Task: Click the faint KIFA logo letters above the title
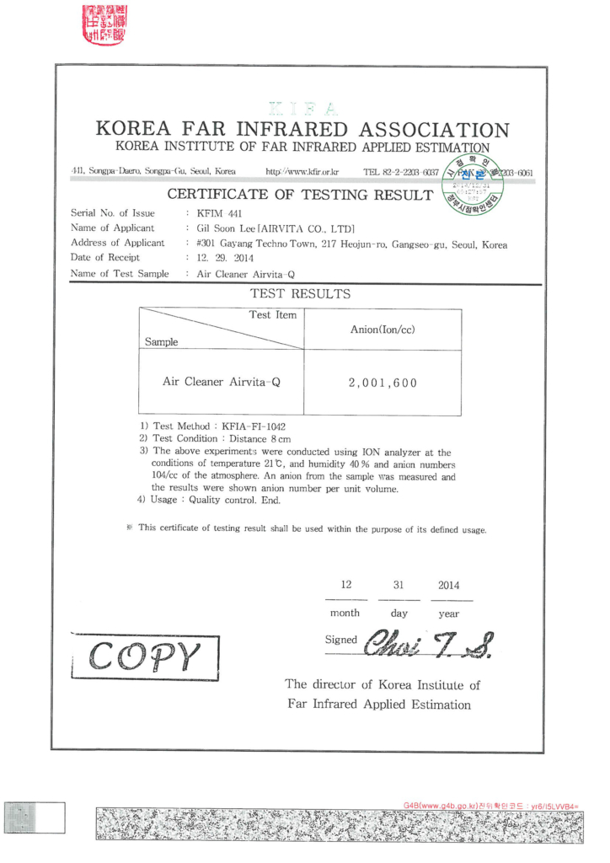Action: click(x=303, y=109)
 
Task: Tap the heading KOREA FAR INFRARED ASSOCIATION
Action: click(x=303, y=131)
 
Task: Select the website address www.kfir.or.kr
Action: click(x=302, y=172)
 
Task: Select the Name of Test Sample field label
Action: click(x=119, y=274)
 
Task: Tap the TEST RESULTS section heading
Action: click(x=301, y=295)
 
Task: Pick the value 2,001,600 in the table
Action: click(x=383, y=383)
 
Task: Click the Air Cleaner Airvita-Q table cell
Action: click(x=221, y=382)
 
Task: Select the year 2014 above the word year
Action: click(x=448, y=586)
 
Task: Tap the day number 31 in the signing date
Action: click(x=399, y=586)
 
